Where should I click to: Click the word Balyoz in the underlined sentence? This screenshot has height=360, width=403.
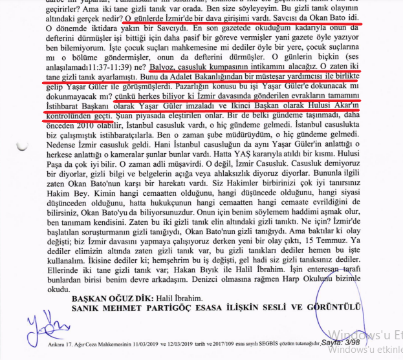[164, 65]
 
